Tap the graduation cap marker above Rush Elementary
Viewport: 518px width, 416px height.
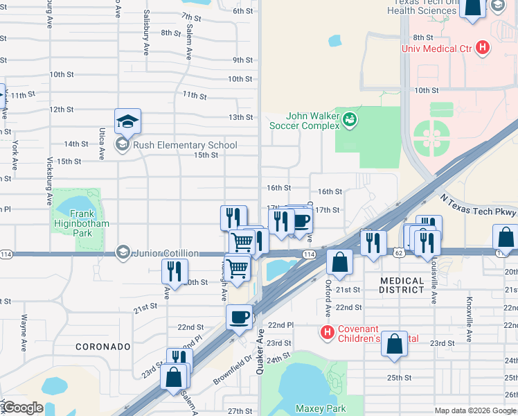pyautogui.click(x=128, y=122)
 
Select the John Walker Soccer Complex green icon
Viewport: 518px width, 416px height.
pyautogui.click(x=350, y=120)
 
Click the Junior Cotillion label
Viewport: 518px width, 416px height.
pyautogui.click(x=167, y=253)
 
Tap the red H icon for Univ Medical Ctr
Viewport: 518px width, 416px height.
pyautogui.click(x=483, y=49)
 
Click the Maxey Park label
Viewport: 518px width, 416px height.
pyautogui.click(x=320, y=408)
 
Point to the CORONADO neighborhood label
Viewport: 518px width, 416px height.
pyautogui.click(x=103, y=346)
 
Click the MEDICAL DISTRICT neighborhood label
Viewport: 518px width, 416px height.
pyautogui.click(x=402, y=285)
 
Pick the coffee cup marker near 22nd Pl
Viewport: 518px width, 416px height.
pyautogui.click(x=239, y=318)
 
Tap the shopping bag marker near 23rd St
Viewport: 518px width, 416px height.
pyautogui.click(x=394, y=344)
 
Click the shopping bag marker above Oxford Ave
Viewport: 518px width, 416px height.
pyautogui.click(x=339, y=263)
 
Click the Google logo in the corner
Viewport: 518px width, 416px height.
pyautogui.click(x=22, y=408)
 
